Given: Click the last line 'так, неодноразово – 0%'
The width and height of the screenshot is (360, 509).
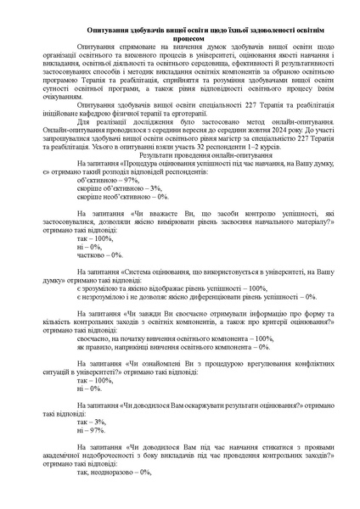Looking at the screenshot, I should tap(115, 473).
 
